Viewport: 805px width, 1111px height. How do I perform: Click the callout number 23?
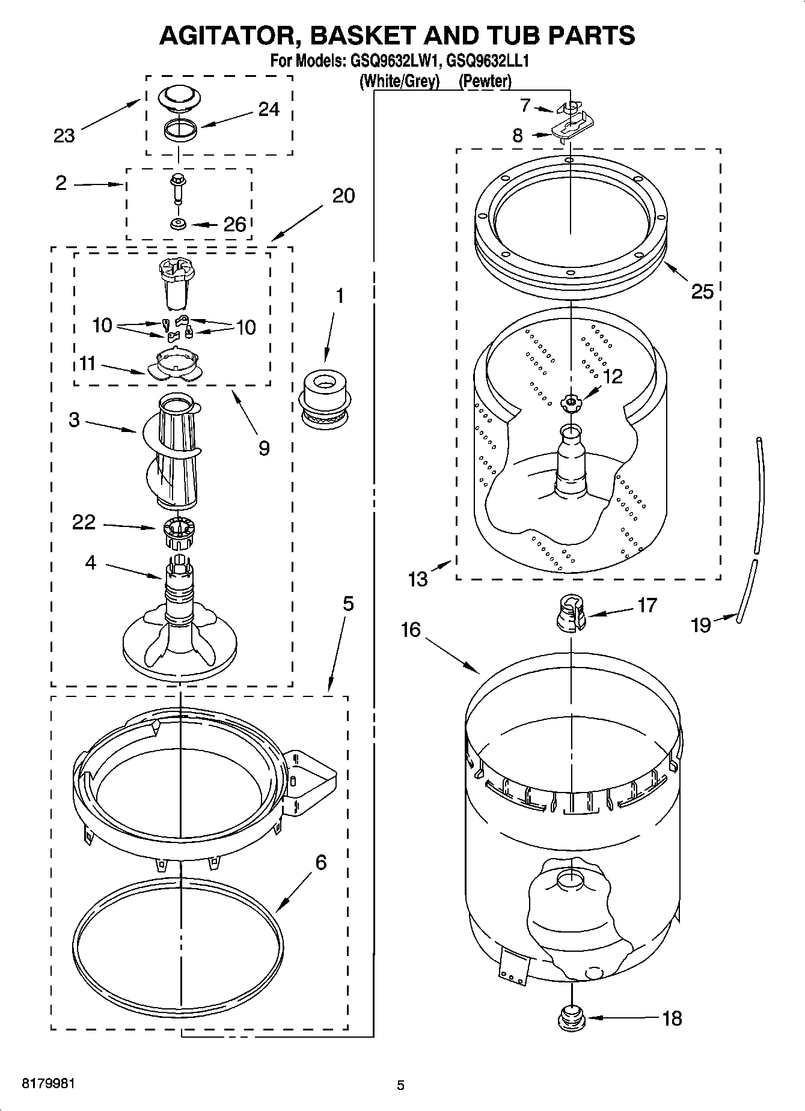coord(64,136)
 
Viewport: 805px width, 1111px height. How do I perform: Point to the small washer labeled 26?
coord(178,224)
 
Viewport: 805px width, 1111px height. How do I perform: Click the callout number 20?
coord(343,195)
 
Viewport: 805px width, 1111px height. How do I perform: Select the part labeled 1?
coord(325,400)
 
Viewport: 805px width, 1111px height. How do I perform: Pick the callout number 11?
coord(88,364)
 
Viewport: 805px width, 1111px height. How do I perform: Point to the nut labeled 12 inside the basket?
coord(570,402)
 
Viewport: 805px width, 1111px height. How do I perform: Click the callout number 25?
coord(702,291)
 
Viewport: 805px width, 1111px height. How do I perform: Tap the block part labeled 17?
coord(571,613)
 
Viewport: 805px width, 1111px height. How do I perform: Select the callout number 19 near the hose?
coord(700,625)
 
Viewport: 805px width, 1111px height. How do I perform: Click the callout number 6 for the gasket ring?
coord(320,862)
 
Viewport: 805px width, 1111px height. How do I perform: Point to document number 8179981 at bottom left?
coord(48,1084)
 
